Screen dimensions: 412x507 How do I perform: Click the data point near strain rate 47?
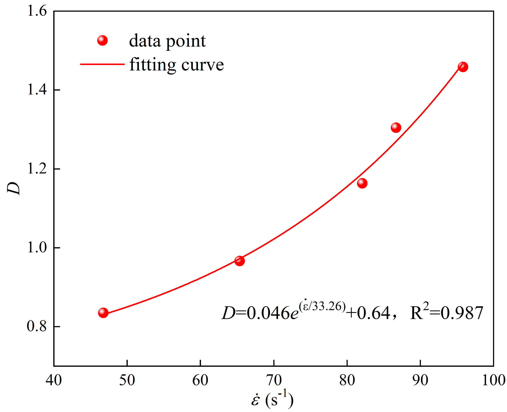click(103, 313)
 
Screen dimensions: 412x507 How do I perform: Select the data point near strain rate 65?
click(239, 261)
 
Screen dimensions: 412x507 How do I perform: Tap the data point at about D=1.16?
click(362, 183)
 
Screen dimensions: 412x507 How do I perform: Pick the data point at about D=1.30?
click(396, 127)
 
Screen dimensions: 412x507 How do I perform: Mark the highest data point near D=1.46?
click(463, 67)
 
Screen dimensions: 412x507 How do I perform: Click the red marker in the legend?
click(102, 40)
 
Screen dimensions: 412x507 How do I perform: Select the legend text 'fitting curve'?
click(176, 65)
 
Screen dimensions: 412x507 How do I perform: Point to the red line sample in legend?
click(102, 64)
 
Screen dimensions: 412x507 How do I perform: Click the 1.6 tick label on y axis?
click(37, 11)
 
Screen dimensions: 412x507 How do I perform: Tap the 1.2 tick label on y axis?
click(37, 169)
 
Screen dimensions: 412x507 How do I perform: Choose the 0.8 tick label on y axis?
click(37, 326)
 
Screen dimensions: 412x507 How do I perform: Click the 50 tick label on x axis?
click(127, 380)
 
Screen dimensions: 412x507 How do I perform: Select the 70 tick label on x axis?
click(274, 380)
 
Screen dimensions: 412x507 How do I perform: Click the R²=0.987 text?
click(446, 313)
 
